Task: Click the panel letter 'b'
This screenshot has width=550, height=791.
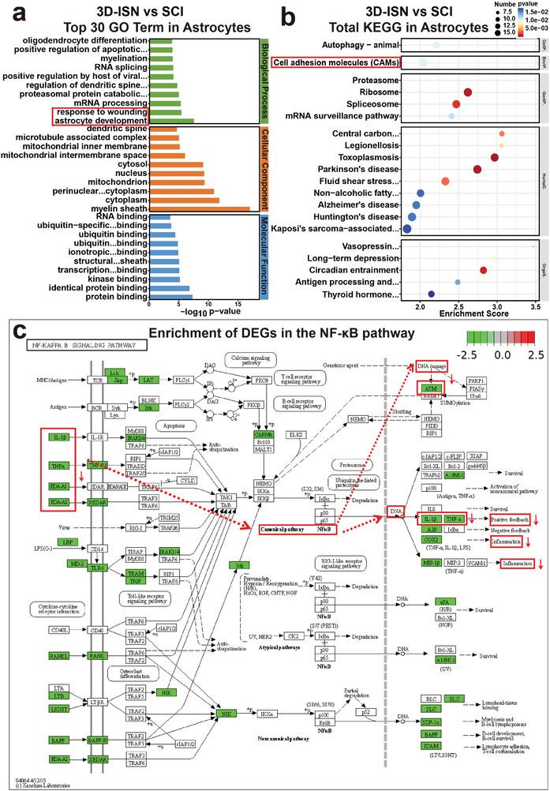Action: (x=290, y=13)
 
